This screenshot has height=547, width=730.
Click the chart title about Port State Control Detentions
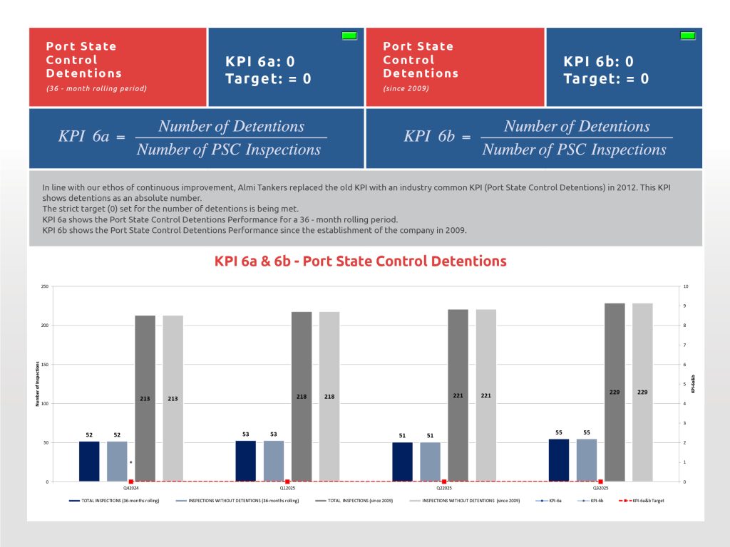(x=360, y=261)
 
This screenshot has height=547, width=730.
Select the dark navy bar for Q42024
(x=89, y=462)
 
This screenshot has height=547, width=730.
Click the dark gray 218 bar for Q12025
(x=302, y=396)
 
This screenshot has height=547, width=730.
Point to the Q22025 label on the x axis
(x=443, y=489)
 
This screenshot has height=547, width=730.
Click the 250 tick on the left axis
(x=44, y=287)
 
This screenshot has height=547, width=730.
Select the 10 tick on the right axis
(x=685, y=287)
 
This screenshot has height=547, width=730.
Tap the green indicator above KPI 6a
(x=349, y=36)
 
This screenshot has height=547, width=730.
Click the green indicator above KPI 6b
(x=688, y=36)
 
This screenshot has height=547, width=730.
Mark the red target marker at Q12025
(x=287, y=482)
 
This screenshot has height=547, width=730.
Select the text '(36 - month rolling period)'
(x=96, y=88)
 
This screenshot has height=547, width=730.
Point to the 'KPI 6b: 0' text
(x=598, y=62)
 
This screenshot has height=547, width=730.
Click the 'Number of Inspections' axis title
(x=37, y=384)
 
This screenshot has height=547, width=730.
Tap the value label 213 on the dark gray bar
(x=145, y=399)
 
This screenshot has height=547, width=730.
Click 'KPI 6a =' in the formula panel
(x=91, y=137)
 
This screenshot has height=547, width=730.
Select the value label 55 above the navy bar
(x=559, y=432)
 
